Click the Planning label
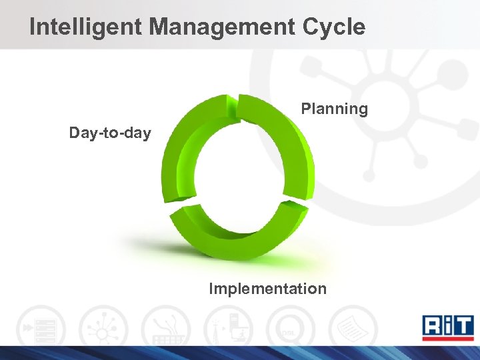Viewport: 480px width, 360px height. pyautogui.click(x=334, y=109)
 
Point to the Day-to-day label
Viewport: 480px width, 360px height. pyautogui.click(x=110, y=133)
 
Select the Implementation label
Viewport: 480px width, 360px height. pyautogui.click(x=267, y=289)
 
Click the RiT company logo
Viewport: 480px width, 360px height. pyautogui.click(x=448, y=327)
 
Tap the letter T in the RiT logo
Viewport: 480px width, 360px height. pyautogui.click(x=463, y=325)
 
